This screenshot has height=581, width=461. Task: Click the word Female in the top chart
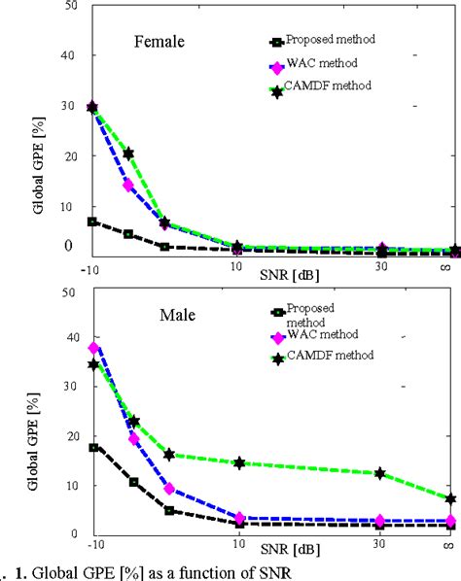pyautogui.click(x=160, y=43)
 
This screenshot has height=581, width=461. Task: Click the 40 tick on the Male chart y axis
pyautogui.click(x=68, y=337)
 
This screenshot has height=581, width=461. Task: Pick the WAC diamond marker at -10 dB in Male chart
pyautogui.click(x=93, y=348)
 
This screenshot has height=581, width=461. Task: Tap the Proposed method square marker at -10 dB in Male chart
pyautogui.click(x=93, y=448)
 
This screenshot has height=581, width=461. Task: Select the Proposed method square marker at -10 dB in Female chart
pyautogui.click(x=93, y=222)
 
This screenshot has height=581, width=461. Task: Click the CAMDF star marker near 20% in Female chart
pyautogui.click(x=128, y=154)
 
